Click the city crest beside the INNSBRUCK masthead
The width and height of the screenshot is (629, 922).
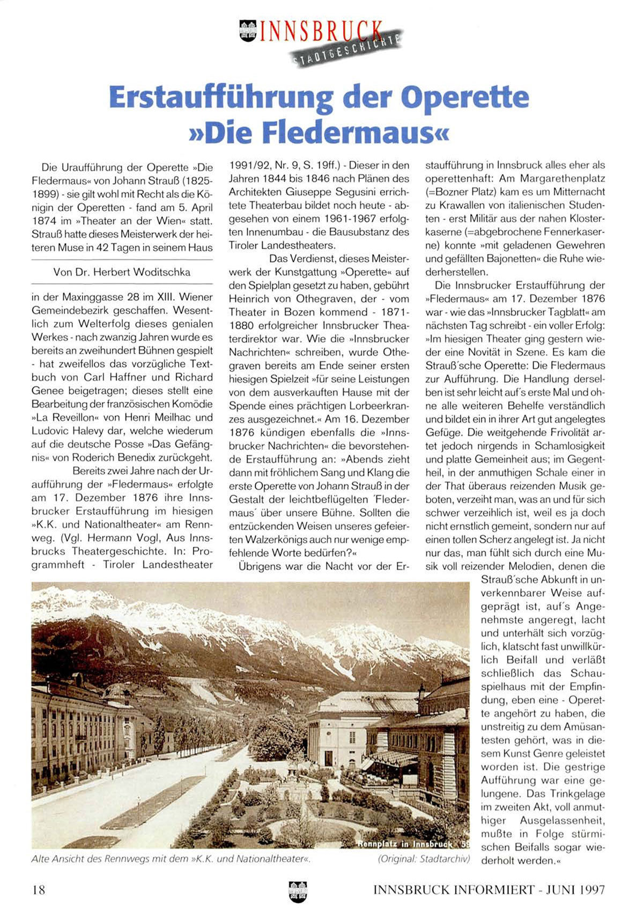pos(248,31)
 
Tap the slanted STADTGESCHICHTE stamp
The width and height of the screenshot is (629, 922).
pos(348,51)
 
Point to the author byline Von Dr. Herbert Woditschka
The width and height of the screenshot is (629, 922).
pos(122,272)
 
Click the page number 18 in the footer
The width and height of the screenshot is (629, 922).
pos(39,890)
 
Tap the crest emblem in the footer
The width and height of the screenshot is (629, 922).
pos(298,891)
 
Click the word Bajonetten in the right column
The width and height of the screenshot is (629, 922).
pos(505,259)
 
